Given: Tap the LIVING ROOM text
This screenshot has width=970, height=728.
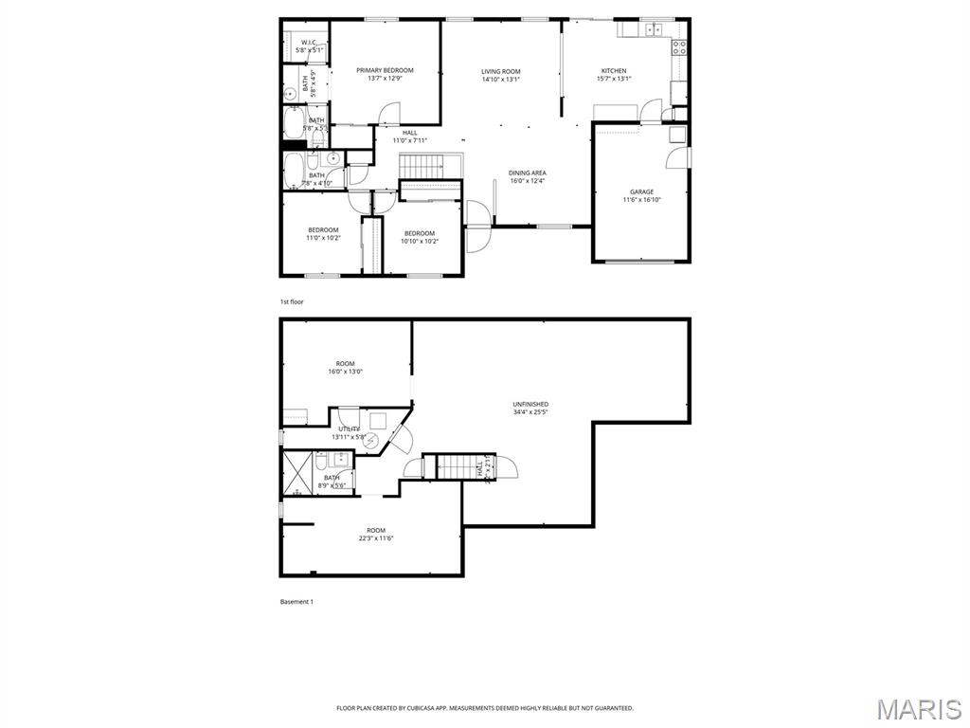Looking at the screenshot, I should point(500,71).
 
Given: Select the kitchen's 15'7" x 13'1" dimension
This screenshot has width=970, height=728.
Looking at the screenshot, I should point(614,80).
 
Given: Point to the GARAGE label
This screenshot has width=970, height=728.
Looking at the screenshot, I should point(641,191).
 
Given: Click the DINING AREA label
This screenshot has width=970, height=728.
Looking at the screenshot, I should point(527,173).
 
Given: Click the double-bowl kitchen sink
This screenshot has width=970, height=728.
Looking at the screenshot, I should point(653,29).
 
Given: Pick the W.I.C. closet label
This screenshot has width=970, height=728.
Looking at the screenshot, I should point(309,43).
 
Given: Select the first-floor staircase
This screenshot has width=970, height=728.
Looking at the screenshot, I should point(419,168).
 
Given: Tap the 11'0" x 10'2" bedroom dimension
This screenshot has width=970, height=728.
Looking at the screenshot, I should point(322,239).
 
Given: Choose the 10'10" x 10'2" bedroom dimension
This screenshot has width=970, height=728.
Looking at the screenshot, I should point(419,241).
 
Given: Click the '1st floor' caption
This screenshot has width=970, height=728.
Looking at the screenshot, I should point(291,301).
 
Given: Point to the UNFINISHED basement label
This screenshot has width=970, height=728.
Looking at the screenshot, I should point(530,404).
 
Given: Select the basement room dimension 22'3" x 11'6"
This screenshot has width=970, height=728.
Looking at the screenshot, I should point(376,538).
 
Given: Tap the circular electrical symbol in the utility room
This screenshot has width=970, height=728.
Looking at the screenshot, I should point(371,442).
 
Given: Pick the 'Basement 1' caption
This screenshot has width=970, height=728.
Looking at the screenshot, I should point(296,602).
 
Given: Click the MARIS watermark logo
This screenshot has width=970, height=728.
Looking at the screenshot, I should point(920,708).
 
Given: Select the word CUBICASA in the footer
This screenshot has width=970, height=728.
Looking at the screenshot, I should point(418,708).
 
